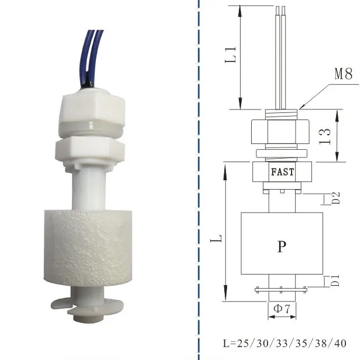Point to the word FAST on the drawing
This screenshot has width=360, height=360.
point(282,173)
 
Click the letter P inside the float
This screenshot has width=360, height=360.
point(282,246)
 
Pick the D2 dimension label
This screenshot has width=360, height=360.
point(336,198)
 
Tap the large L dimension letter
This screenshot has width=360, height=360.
point(217,239)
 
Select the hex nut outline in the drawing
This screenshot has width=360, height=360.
point(281,133)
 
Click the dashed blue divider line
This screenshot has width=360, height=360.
point(199,176)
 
